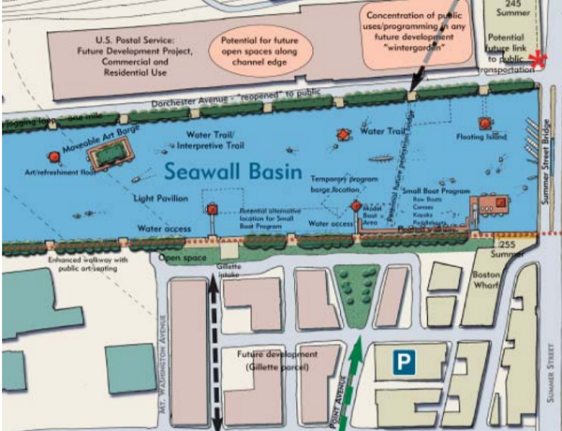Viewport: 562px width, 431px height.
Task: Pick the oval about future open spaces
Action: (265, 50)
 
